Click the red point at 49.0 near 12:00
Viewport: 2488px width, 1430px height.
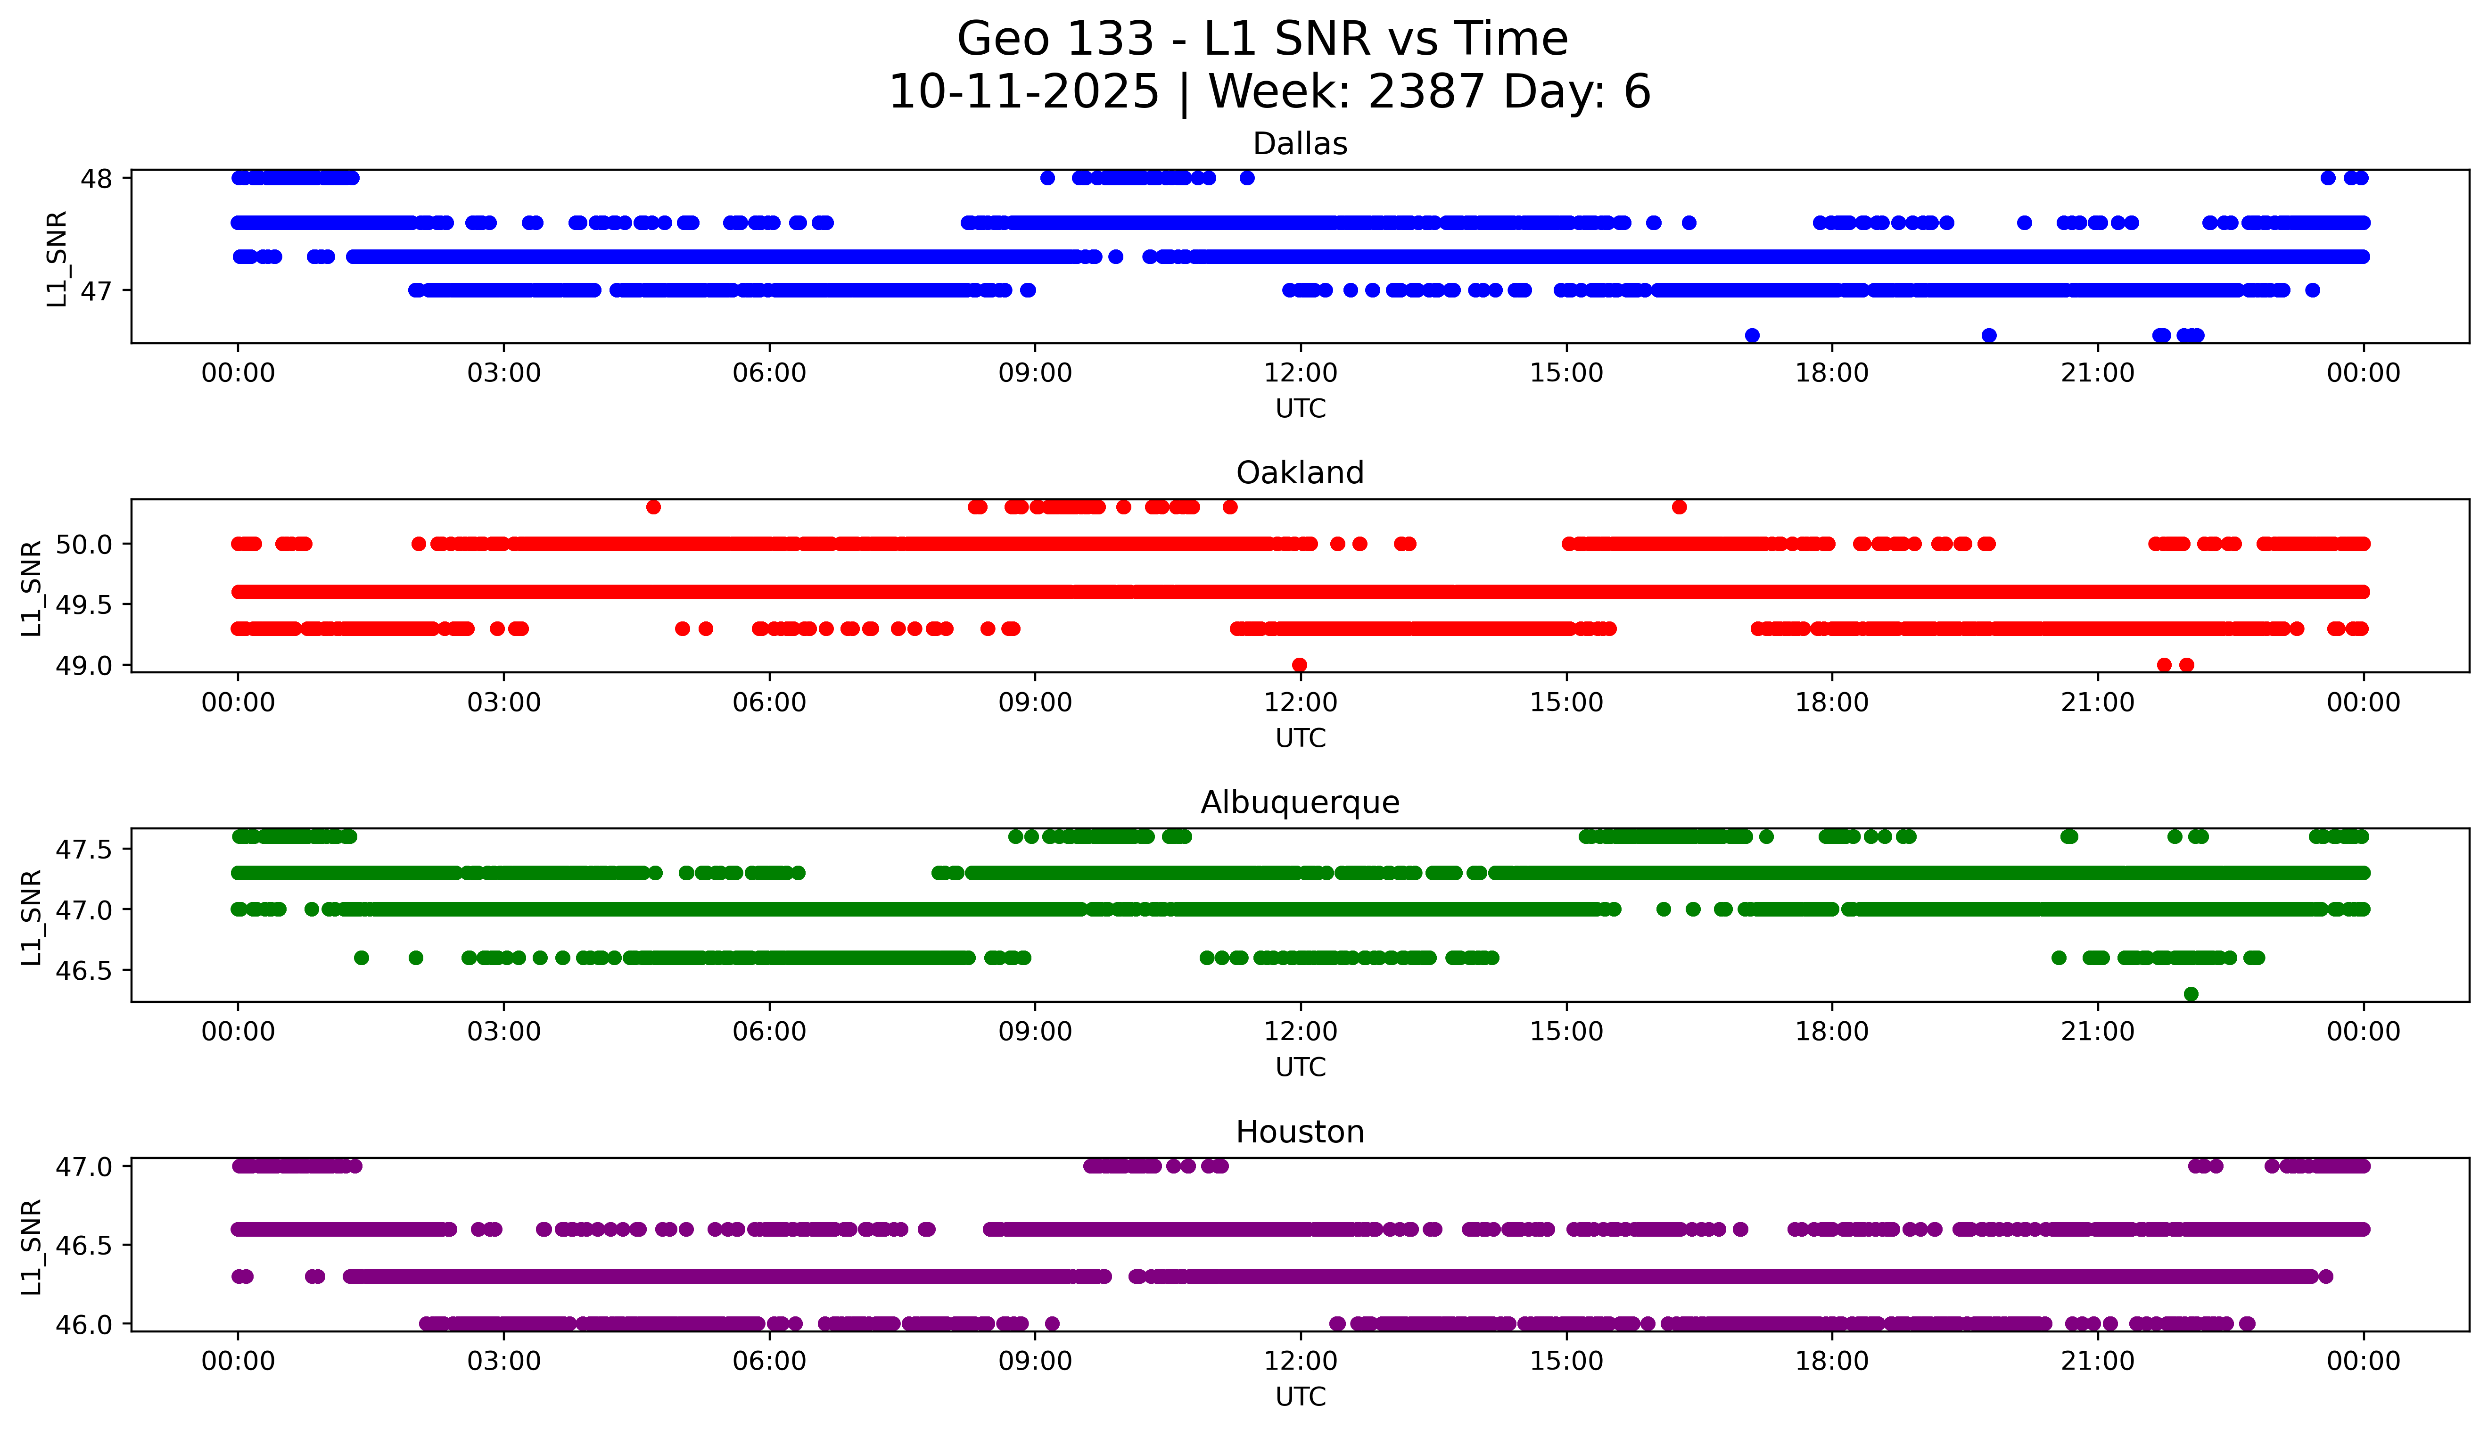(1299, 665)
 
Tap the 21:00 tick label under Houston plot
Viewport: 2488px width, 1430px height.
(2097, 1361)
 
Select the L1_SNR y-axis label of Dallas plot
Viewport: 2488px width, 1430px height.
(57, 258)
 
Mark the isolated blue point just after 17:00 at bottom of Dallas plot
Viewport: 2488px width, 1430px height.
(1752, 335)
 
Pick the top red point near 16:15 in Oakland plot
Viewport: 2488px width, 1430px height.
(1679, 507)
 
